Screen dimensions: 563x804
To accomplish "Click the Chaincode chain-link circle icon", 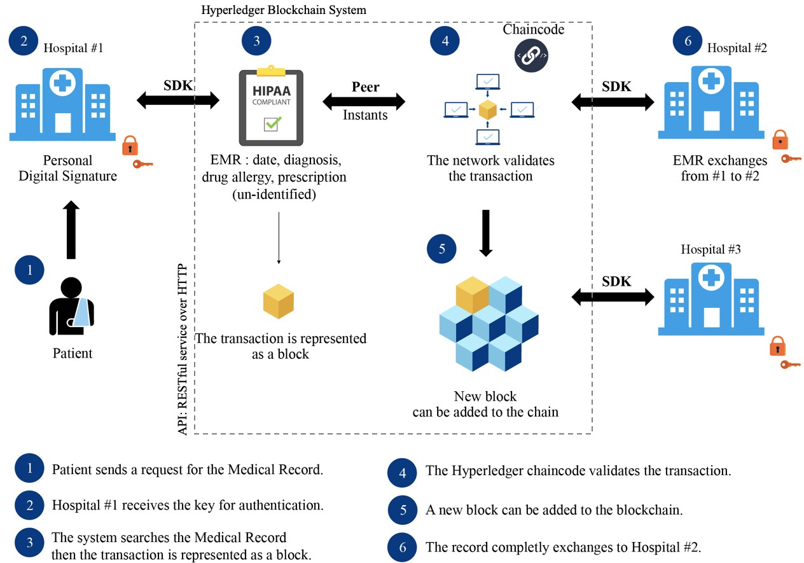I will [531, 55].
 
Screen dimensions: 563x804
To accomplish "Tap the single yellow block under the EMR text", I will [279, 301].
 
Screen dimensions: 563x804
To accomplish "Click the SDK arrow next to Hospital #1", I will [177, 99].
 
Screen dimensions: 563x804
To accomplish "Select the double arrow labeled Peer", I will [364, 101].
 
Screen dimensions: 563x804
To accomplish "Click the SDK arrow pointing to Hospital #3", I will [613, 295].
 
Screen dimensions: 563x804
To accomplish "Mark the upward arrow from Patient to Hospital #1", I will [73, 230].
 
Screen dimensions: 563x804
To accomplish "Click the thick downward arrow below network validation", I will [486, 232].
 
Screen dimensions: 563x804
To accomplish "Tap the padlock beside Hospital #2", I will [780, 140].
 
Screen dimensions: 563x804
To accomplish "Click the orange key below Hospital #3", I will [791, 365].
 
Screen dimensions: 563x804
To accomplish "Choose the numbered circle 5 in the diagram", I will [442, 249].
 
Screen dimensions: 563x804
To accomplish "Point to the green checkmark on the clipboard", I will [272, 123].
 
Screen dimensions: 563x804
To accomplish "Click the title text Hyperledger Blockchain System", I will [284, 11].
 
